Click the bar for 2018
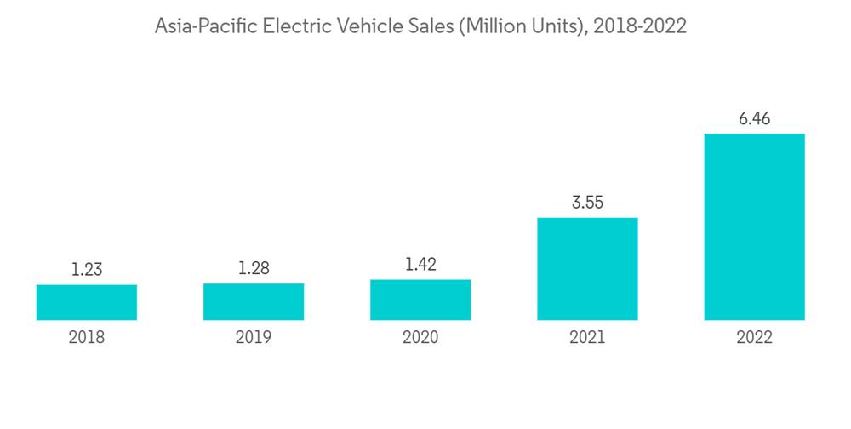[87, 302]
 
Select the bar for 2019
[254, 301]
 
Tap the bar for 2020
[420, 300]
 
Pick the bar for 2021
[587, 269]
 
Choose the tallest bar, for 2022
[754, 226]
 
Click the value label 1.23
[87, 270]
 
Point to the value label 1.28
[254, 269]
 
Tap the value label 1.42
[420, 266]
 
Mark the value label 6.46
[754, 119]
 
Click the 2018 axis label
[87, 338]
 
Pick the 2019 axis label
[254, 338]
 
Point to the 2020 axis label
[420, 338]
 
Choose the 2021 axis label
[587, 338]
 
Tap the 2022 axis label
[754, 338]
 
